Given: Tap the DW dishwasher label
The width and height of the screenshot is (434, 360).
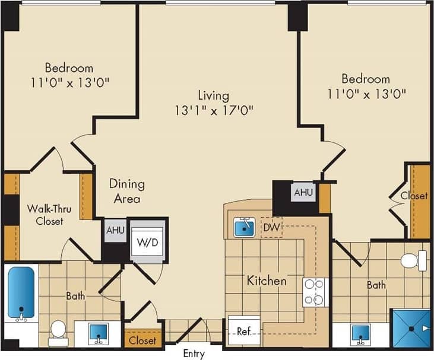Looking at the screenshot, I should pyautogui.click(x=272, y=227).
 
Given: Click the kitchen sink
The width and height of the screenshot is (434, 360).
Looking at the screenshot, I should pyautogui.click(x=244, y=227).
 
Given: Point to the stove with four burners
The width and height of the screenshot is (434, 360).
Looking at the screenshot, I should pyautogui.click(x=315, y=292).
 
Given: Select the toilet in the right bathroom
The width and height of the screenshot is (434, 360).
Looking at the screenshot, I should pyautogui.click(x=413, y=260).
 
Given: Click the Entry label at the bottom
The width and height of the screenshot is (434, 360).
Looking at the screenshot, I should pyautogui.click(x=194, y=354).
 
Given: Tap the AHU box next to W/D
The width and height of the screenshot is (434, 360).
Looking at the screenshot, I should pyautogui.click(x=115, y=231).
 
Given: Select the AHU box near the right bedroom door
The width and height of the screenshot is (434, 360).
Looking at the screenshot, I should pyautogui.click(x=303, y=192).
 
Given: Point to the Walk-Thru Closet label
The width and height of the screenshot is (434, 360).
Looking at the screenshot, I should pyautogui.click(x=45, y=215).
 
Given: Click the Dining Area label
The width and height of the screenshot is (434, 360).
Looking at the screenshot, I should pyautogui.click(x=126, y=191).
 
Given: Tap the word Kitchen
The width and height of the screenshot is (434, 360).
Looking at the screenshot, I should pyautogui.click(x=267, y=281).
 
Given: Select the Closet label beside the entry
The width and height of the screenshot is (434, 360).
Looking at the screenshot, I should pyautogui.click(x=142, y=340).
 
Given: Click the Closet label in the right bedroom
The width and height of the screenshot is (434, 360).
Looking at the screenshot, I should pyautogui.click(x=413, y=196).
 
